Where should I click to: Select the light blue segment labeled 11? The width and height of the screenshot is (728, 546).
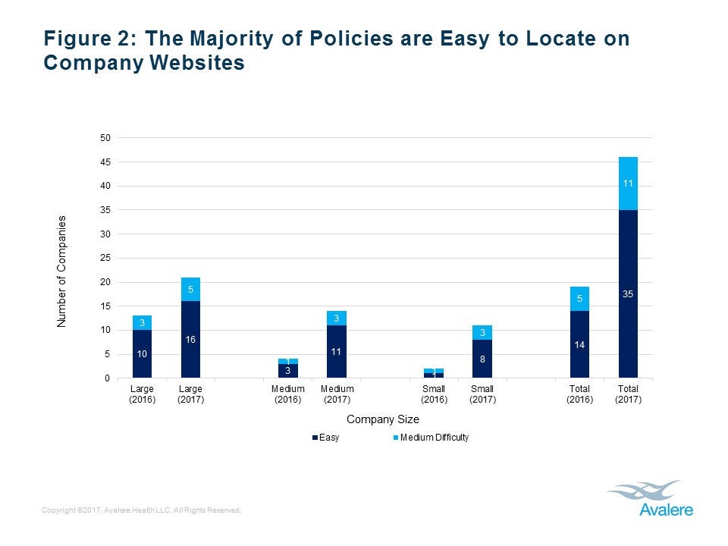628,183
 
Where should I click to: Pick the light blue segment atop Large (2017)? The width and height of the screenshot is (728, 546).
190,289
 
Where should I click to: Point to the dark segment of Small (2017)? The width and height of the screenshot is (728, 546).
482,359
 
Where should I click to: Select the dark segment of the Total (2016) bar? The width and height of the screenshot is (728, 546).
579,344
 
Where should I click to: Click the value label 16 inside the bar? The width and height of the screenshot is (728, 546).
190,340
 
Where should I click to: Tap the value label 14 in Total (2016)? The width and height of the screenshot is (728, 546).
579,344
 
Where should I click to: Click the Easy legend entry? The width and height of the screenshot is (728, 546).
325,438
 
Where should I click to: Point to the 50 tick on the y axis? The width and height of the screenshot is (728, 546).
105,138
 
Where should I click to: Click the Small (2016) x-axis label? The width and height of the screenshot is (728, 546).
434,394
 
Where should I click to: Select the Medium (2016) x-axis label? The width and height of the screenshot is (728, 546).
288,394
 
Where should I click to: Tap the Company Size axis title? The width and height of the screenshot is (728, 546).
383,419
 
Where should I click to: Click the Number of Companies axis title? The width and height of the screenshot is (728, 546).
62,271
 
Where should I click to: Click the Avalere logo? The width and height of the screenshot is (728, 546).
649,499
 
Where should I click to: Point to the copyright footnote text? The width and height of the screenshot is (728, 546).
142,510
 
